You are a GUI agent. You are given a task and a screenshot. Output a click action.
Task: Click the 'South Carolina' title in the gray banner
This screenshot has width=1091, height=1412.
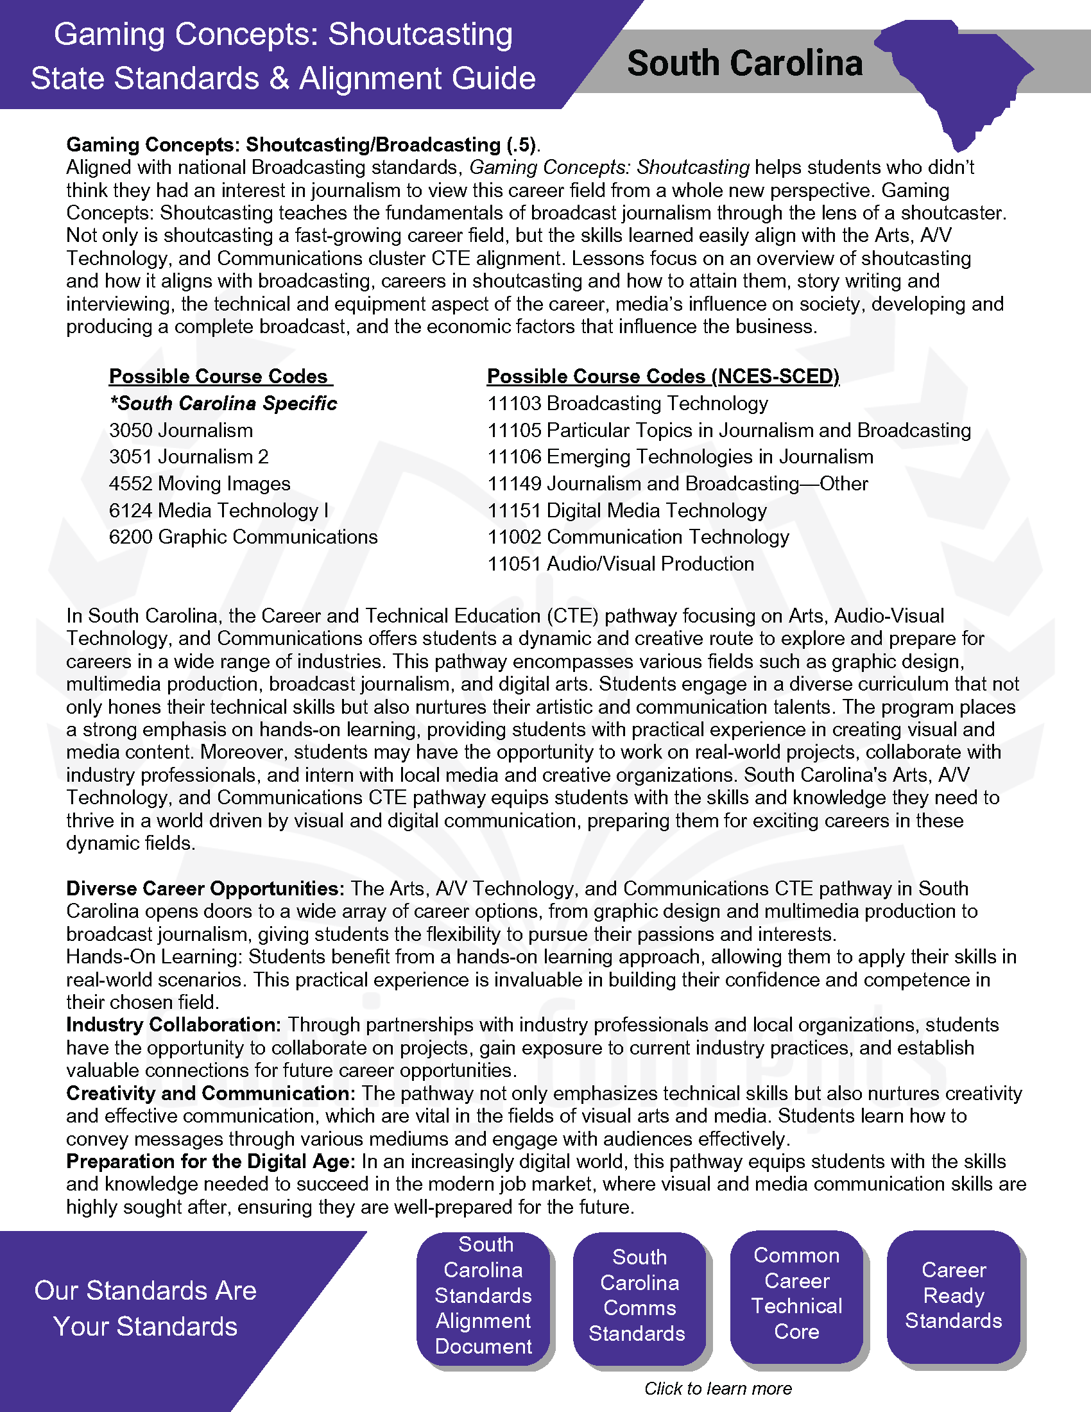[744, 64]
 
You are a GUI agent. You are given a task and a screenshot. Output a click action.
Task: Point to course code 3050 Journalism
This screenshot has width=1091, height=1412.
[181, 430]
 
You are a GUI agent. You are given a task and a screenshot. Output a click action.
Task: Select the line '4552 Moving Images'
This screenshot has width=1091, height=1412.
[200, 483]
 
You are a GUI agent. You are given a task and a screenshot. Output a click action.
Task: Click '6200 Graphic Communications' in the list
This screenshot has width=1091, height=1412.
[243, 537]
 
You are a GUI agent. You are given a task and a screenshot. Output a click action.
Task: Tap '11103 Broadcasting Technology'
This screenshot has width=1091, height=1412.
[628, 404]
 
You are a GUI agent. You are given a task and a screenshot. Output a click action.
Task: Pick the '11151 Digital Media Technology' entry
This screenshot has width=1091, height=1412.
[627, 511]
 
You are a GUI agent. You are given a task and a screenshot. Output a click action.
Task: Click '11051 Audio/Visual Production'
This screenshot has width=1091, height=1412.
[621, 564]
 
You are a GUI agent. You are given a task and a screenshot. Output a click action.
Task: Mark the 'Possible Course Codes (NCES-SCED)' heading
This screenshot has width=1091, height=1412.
[663, 376]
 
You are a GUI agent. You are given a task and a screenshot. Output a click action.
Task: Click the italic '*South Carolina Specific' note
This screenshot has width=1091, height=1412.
[223, 404]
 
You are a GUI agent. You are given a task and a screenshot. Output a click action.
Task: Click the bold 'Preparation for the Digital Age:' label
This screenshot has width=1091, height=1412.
[210, 1161]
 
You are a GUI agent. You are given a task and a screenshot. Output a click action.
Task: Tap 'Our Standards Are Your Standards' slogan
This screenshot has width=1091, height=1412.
[146, 1309]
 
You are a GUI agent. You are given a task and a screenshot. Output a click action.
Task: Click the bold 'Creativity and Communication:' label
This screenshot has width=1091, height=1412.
[210, 1093]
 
